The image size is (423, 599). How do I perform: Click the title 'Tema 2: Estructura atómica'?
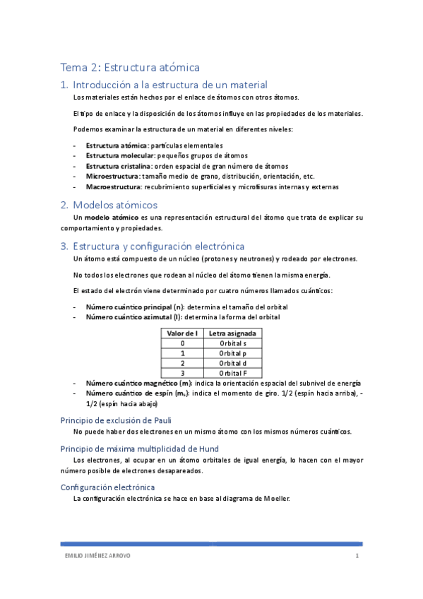click(x=131, y=67)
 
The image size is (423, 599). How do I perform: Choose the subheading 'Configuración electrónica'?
click(x=108, y=487)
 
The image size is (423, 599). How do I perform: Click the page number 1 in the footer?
click(x=357, y=556)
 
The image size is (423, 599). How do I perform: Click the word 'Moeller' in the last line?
click(x=276, y=499)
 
